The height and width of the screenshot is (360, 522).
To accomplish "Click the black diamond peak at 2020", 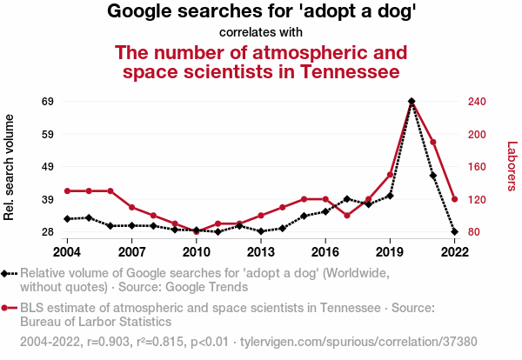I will (411, 102).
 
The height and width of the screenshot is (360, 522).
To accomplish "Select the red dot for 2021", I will (432, 142).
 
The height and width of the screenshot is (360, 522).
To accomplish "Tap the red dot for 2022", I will (454, 199).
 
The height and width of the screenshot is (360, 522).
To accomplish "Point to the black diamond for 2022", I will (454, 232).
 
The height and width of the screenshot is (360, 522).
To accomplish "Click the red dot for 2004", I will (67, 190).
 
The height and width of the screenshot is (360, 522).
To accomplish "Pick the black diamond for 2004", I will (67, 219).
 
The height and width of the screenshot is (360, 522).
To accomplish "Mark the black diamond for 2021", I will (432, 176).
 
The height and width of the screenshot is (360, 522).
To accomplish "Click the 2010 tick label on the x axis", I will (197, 251).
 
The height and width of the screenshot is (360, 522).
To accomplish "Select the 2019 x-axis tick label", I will (390, 251).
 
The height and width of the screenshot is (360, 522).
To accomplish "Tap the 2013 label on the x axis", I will (261, 251).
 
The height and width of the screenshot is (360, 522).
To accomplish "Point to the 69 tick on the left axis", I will (48, 102).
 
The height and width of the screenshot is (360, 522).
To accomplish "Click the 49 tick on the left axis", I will (48, 167).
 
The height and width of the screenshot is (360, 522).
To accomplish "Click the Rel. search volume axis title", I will (10, 167).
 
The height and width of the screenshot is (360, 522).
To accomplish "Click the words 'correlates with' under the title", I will (261, 33).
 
